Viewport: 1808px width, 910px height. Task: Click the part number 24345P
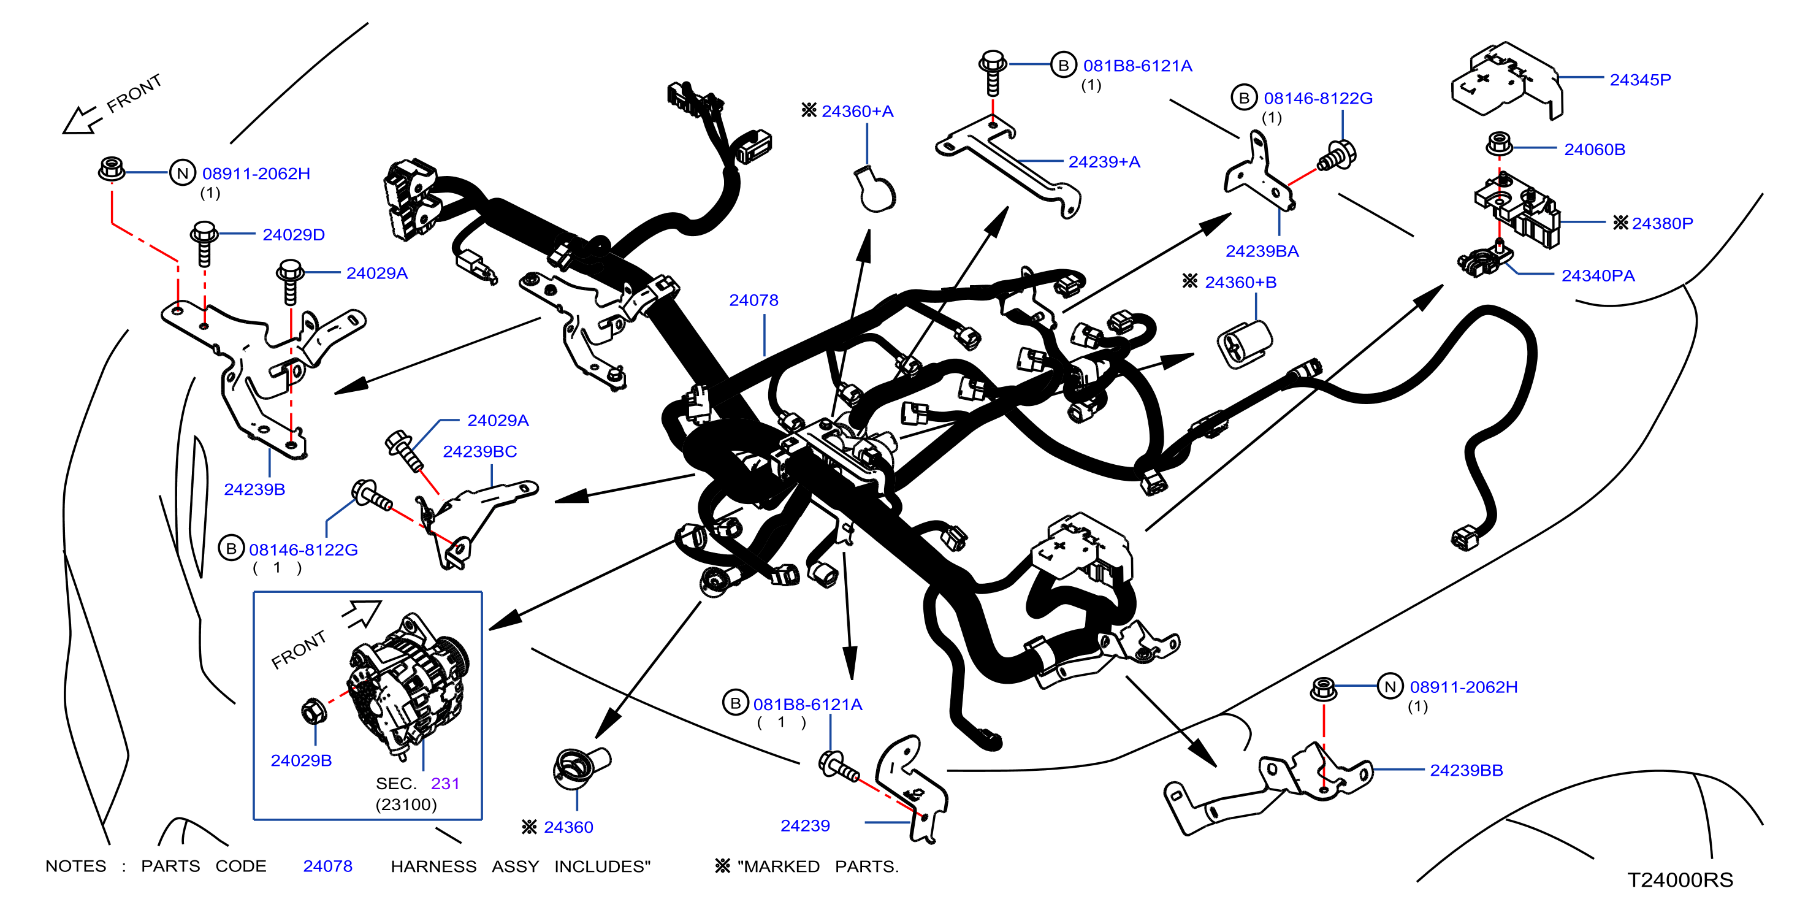[x=1639, y=80]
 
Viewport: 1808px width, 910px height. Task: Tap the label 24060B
[x=1594, y=150]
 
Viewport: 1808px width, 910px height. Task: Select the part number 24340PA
[x=1598, y=276]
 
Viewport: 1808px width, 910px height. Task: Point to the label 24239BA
[x=1262, y=251]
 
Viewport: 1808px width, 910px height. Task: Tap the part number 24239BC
[x=479, y=451]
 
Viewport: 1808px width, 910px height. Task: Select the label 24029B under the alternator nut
[x=301, y=760]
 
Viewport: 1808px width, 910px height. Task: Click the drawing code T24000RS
[x=1680, y=880]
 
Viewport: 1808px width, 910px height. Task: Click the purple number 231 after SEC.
[x=445, y=784]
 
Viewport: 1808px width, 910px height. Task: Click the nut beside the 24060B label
[x=1498, y=144]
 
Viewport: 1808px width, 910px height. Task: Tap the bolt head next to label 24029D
[x=204, y=231]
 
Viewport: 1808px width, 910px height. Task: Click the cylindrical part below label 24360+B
[x=1244, y=343]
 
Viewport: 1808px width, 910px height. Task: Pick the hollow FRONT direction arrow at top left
[x=81, y=120]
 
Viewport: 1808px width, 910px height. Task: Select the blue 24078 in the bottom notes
[x=328, y=866]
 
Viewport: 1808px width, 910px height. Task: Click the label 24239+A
[x=1104, y=162]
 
